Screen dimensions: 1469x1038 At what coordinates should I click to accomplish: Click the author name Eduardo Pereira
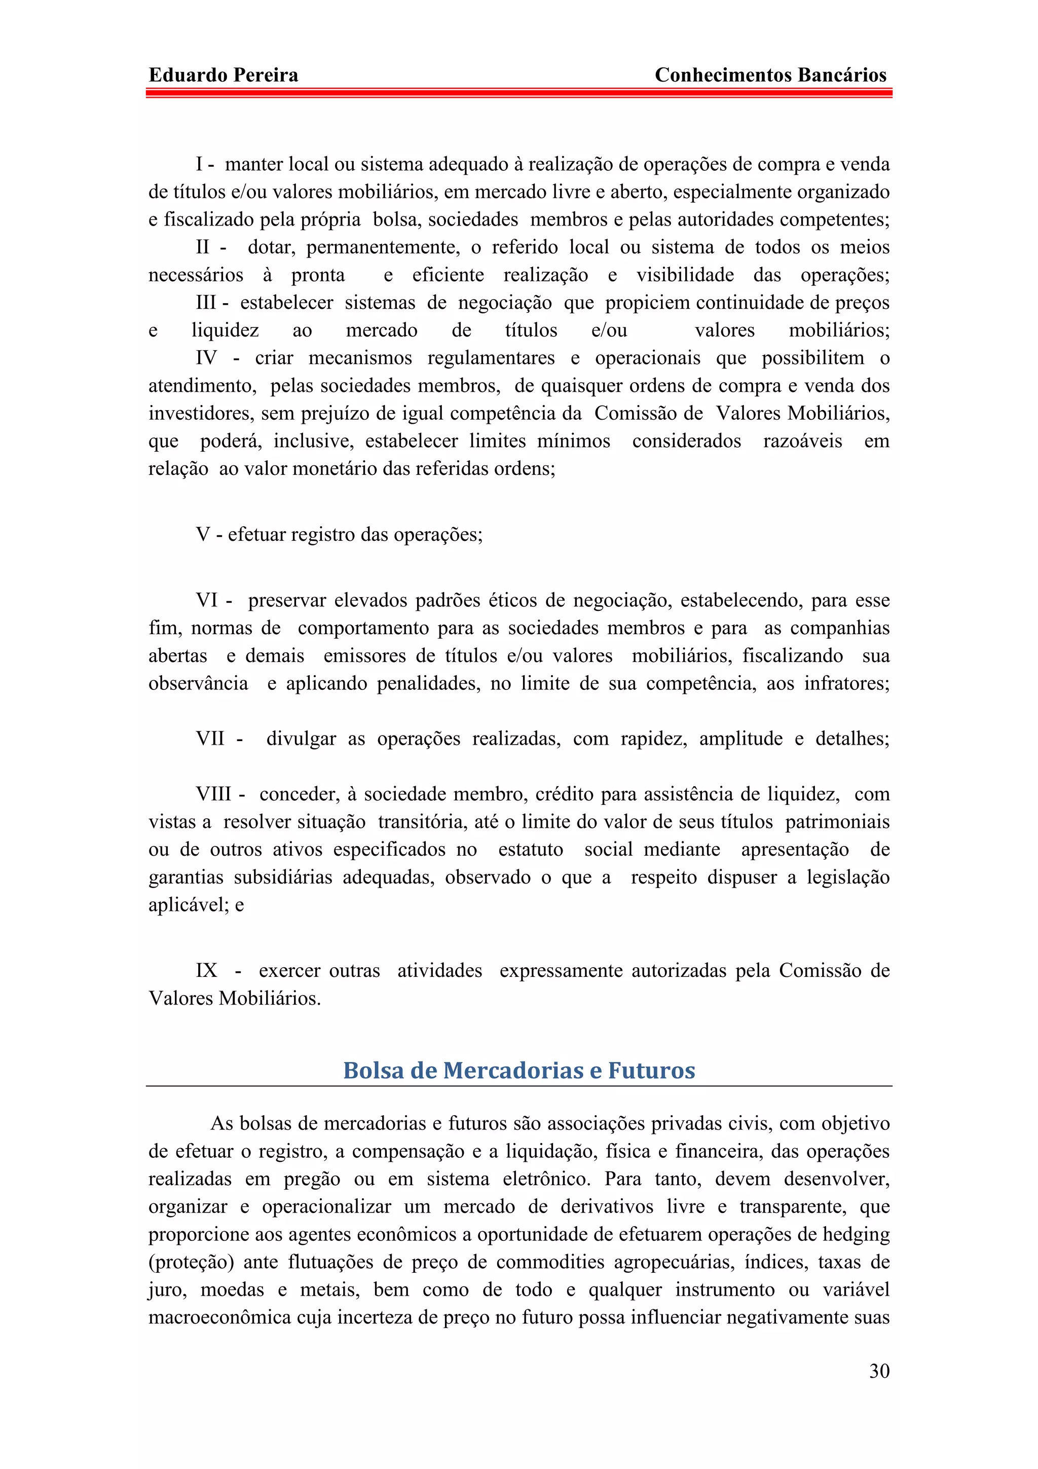point(223,76)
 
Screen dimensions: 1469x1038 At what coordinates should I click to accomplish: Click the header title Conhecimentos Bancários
point(771,76)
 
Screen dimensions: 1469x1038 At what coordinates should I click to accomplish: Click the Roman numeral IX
point(206,971)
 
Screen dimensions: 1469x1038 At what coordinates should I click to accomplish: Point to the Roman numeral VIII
point(213,794)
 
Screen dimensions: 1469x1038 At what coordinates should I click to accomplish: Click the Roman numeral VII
point(210,739)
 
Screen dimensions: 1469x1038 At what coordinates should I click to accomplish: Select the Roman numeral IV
point(206,358)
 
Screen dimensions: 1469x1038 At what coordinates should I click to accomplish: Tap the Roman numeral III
point(206,303)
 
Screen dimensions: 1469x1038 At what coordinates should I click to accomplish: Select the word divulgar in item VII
point(301,739)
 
